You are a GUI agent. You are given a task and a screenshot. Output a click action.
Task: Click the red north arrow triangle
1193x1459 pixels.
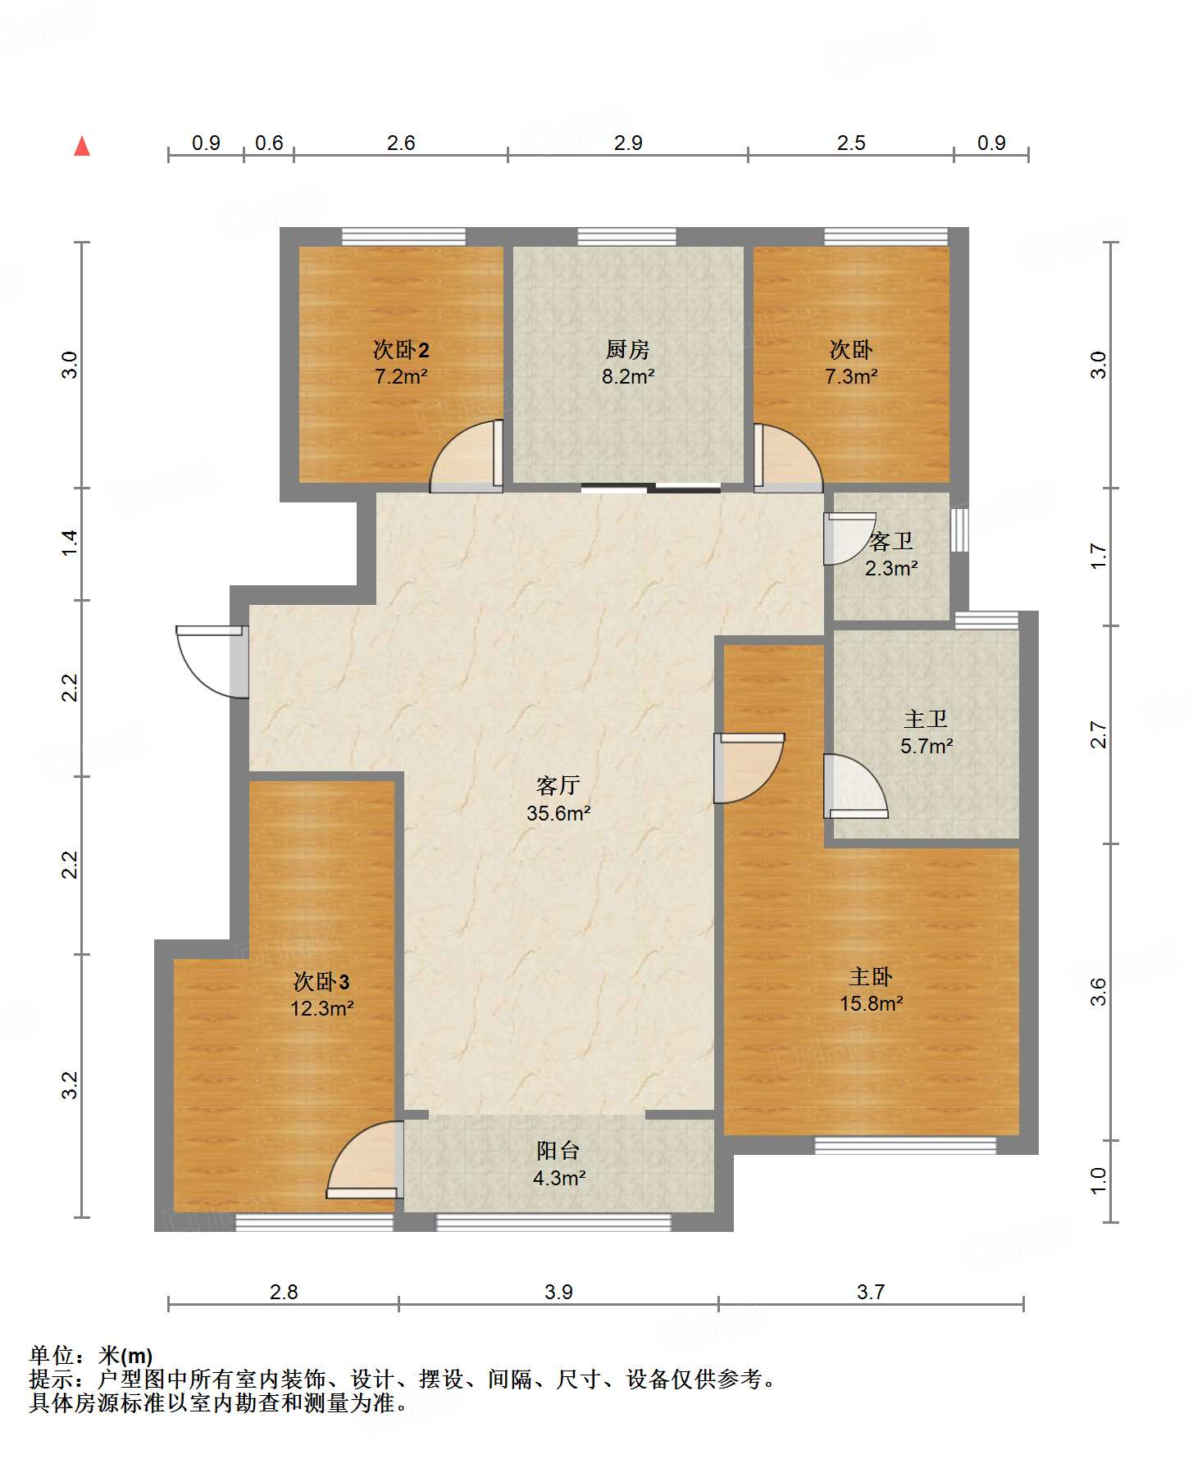[82, 146]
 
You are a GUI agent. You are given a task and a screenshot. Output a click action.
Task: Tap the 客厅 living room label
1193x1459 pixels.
[558, 785]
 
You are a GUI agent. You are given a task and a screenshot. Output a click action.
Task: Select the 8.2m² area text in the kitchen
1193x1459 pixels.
[628, 376]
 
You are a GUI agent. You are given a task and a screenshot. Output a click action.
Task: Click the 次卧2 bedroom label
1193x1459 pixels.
[401, 350]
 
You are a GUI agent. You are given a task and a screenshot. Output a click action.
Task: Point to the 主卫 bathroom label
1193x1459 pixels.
[926, 719]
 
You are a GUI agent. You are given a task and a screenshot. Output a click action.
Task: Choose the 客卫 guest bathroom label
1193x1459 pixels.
[891, 541]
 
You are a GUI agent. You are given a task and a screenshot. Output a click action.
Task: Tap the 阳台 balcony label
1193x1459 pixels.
[558, 1150]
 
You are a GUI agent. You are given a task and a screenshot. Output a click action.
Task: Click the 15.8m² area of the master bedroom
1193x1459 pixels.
[871, 1003]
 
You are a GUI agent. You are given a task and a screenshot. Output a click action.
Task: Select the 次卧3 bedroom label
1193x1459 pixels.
[321, 981]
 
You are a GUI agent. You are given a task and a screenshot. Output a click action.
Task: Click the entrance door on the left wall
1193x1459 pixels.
[212, 661]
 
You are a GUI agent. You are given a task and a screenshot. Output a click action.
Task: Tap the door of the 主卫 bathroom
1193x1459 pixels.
[856, 786]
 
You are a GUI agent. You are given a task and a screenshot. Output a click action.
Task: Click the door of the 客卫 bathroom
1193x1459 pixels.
[849, 539]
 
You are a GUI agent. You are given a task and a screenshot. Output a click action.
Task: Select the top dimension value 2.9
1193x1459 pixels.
[628, 143]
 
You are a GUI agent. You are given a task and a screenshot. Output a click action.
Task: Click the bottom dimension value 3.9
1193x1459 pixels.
[558, 1292]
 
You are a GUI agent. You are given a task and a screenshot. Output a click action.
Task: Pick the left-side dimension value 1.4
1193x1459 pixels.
[71, 544]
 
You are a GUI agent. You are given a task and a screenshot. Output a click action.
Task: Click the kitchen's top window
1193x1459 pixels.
[627, 237]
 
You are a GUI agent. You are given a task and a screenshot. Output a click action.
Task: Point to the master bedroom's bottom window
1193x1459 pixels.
[905, 1145]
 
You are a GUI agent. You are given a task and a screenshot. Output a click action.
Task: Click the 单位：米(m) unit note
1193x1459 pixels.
[91, 1355]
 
